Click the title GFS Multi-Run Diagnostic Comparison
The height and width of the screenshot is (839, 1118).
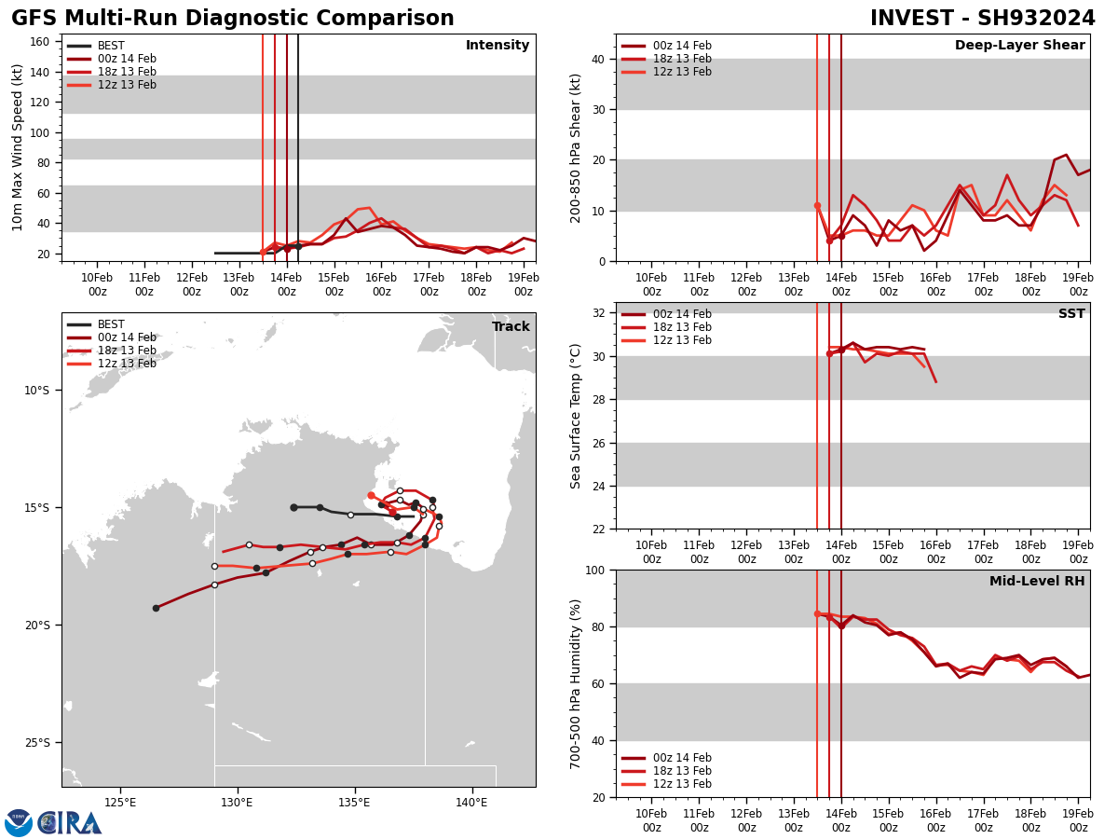click(x=232, y=19)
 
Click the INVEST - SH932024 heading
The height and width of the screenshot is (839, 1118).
click(x=983, y=19)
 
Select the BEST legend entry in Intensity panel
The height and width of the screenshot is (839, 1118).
click(x=111, y=46)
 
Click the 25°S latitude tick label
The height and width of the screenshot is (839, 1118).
click(x=37, y=743)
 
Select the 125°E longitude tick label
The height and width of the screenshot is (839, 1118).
click(x=120, y=804)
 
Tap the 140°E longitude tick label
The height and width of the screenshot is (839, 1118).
click(x=471, y=804)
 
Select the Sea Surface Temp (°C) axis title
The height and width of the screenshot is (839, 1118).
click(x=577, y=416)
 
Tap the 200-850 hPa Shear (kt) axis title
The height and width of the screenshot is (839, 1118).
click(x=577, y=147)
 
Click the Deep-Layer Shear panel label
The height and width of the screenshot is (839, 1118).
click(x=1019, y=46)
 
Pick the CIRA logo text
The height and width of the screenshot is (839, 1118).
click(x=71, y=823)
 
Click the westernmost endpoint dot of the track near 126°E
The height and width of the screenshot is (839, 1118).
click(x=156, y=608)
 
